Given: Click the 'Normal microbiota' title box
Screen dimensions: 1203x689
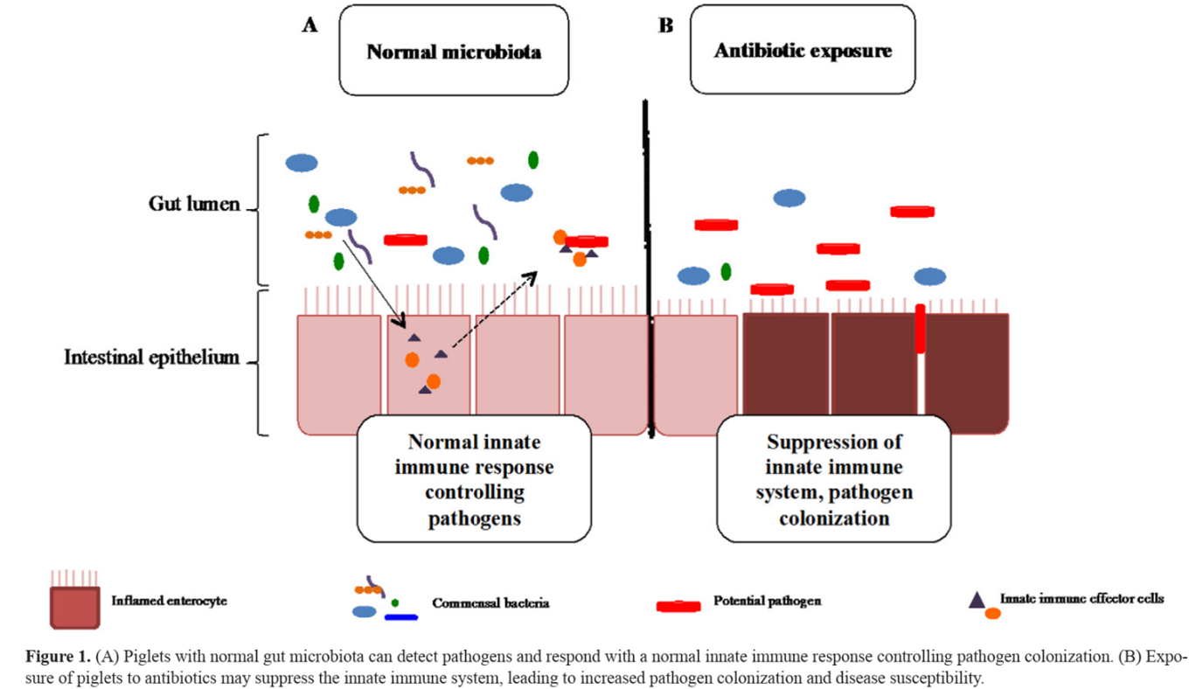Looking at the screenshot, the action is tap(454, 51).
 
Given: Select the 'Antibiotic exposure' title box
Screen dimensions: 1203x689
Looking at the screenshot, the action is tap(803, 50).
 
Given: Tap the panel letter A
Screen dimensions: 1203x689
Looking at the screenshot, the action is tap(309, 24).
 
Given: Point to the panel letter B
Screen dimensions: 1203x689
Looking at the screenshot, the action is tap(666, 25).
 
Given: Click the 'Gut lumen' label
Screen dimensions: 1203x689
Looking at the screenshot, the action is tap(194, 204).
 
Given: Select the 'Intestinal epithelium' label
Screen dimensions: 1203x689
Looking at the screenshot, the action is tap(152, 357).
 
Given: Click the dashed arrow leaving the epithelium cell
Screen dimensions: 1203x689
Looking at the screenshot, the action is tap(494, 310).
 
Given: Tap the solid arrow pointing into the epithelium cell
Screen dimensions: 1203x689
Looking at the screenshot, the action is tap(374, 284).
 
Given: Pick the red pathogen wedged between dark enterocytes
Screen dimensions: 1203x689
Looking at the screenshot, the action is tap(920, 329).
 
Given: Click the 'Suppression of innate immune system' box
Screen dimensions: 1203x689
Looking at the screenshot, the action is tap(833, 479).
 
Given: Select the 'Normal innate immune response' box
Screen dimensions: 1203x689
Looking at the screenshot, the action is tap(474, 479).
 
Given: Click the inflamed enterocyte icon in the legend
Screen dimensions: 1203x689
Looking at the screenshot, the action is tap(74, 601).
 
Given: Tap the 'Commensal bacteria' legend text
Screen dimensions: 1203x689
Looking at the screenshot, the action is tap(490, 603).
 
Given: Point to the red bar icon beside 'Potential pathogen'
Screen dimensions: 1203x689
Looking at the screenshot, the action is tap(678, 606).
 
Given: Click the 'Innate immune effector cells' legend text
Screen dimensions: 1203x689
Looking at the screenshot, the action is tap(1081, 598).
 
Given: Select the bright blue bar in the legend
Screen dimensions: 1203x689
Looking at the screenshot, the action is tap(401, 617).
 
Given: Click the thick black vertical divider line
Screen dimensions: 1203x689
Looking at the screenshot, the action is tap(648, 268).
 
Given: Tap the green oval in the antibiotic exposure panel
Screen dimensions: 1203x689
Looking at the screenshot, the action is tap(727, 272).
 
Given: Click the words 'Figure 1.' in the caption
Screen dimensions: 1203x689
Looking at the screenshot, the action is tap(58, 657).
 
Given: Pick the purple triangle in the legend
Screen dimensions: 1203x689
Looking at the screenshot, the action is tap(977, 601).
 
